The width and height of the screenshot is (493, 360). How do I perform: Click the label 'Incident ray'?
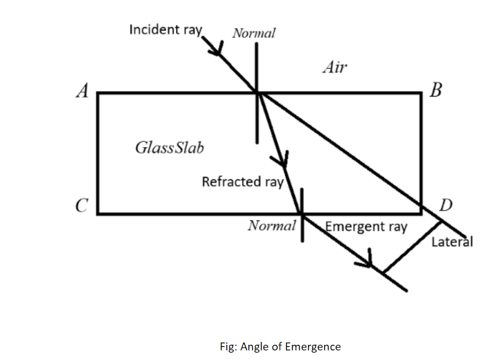[x=165, y=29]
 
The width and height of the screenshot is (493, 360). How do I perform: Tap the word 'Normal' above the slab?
[x=254, y=33]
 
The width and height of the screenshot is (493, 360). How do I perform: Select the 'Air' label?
[x=335, y=68]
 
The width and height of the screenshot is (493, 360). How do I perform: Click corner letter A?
[x=83, y=91]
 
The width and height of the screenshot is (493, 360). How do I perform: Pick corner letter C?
[x=81, y=206]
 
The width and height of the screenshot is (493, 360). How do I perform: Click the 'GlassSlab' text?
[x=170, y=148]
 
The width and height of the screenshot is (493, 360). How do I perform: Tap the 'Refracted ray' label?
[x=243, y=182]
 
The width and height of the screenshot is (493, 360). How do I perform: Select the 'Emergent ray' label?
[x=366, y=227]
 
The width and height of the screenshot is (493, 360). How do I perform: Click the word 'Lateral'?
[x=452, y=242]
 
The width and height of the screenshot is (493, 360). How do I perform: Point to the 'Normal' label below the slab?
[x=272, y=226]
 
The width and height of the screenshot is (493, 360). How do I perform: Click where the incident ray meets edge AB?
[x=257, y=93]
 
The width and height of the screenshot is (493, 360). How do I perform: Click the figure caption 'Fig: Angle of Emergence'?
[x=280, y=346]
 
